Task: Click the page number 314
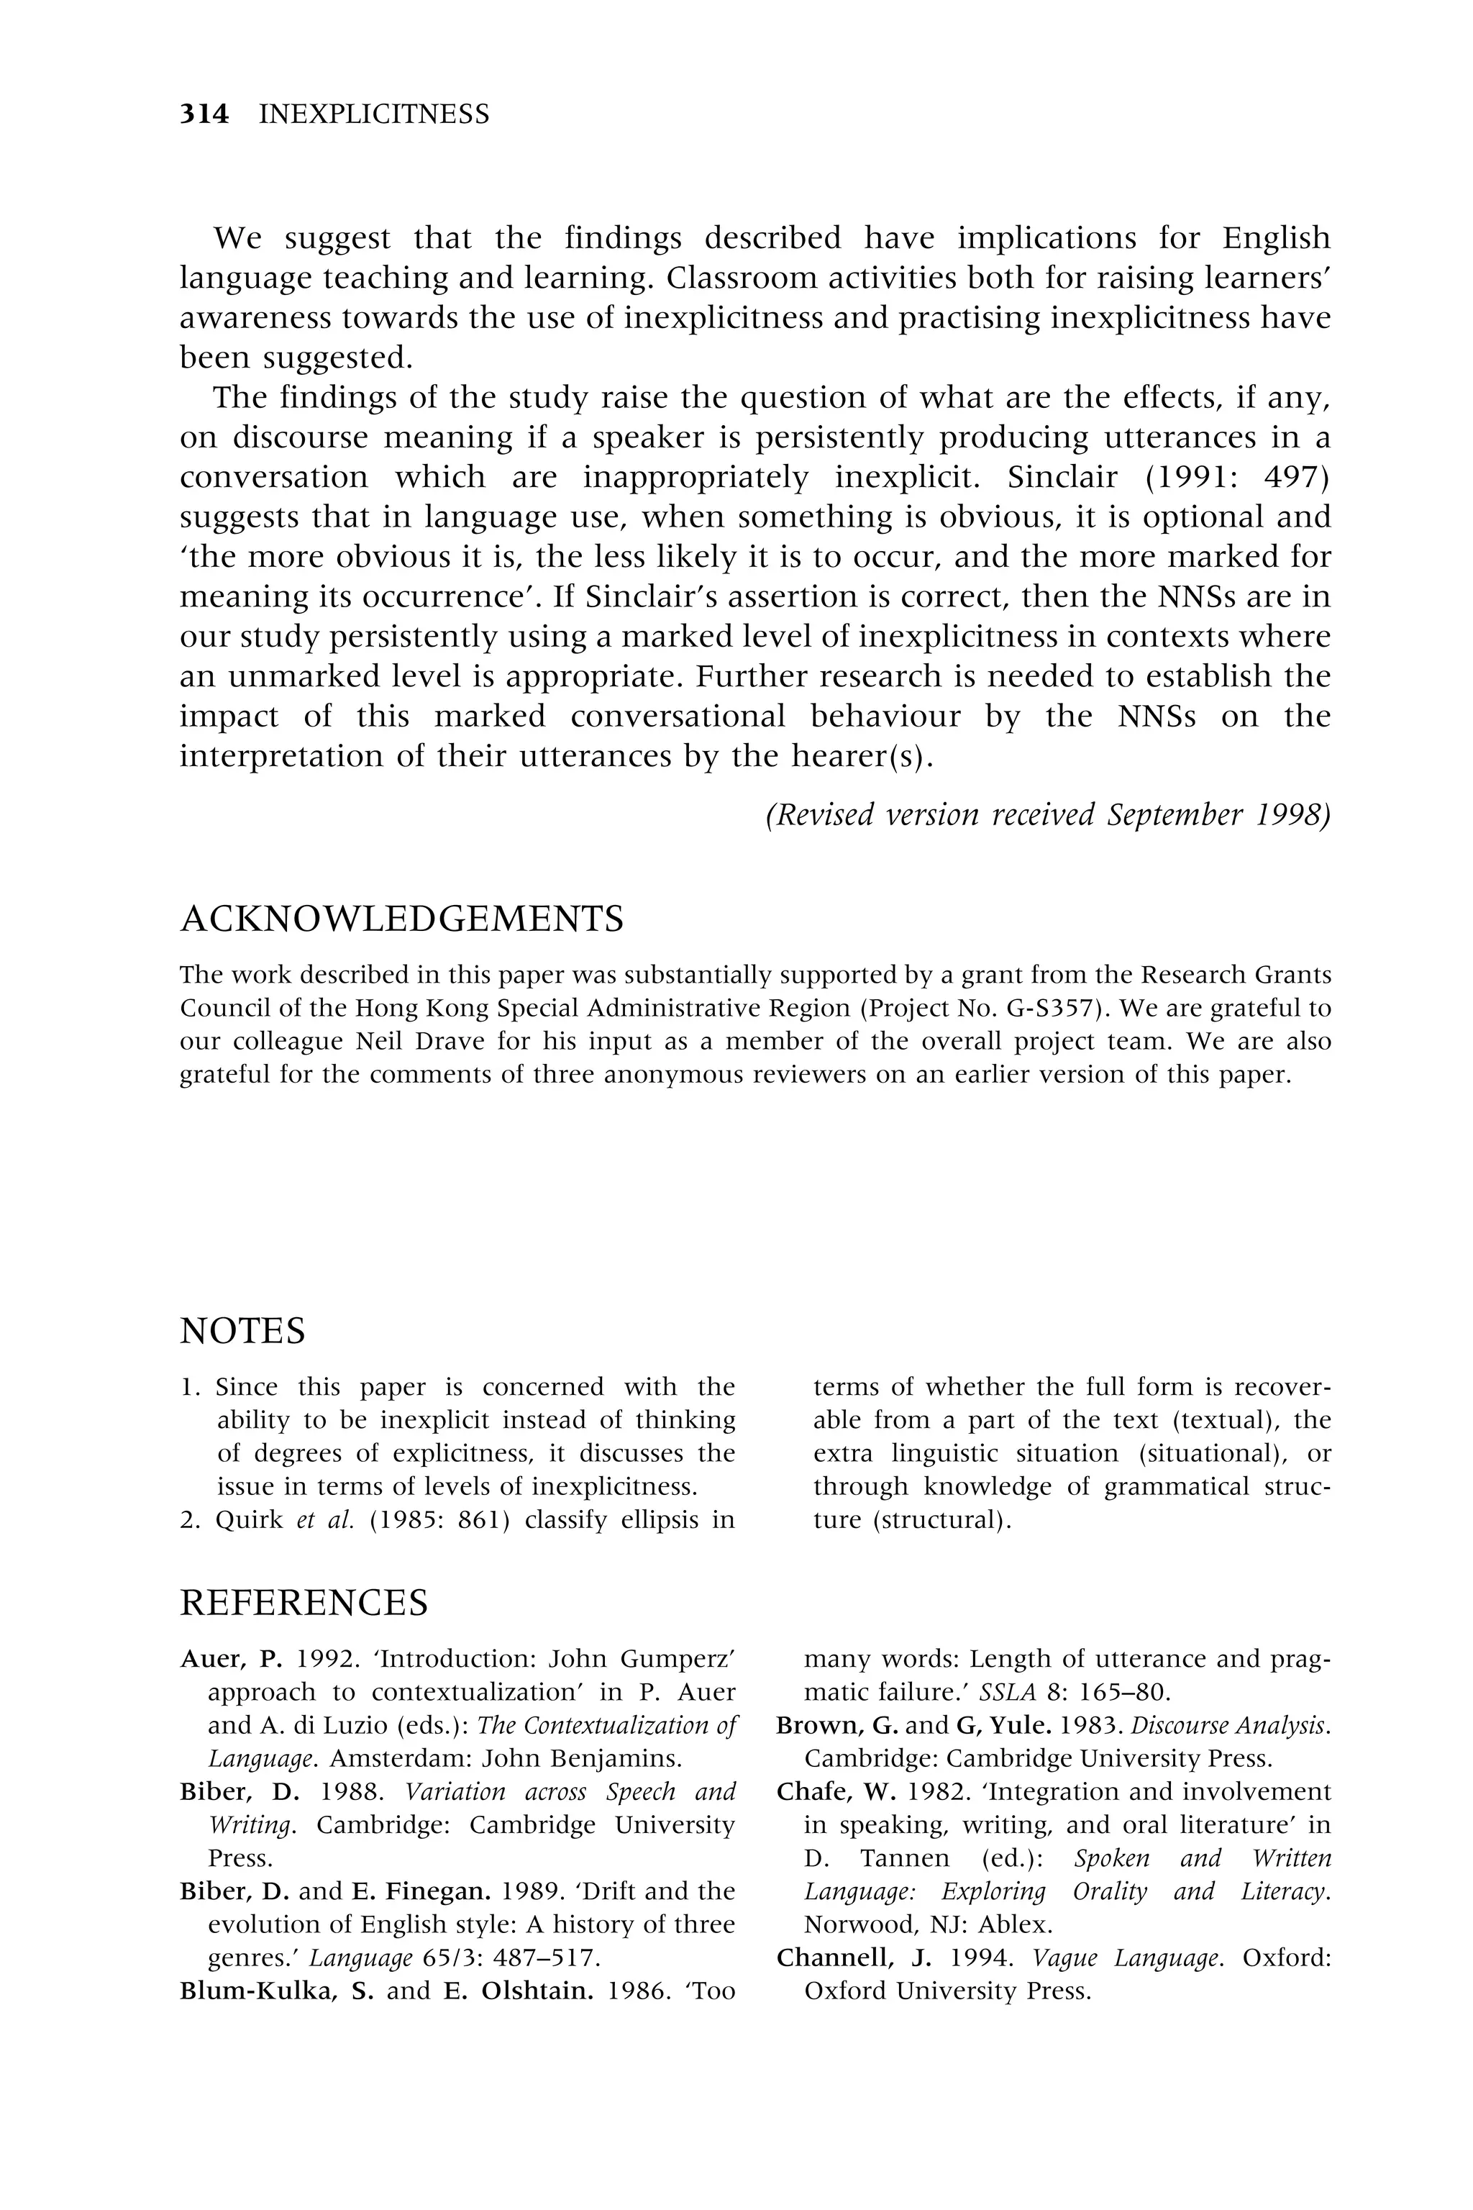click(204, 114)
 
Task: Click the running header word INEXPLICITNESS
click(374, 114)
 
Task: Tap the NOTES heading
click(242, 1332)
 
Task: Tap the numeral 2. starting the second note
click(190, 1520)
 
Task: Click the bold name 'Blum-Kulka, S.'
click(276, 1991)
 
